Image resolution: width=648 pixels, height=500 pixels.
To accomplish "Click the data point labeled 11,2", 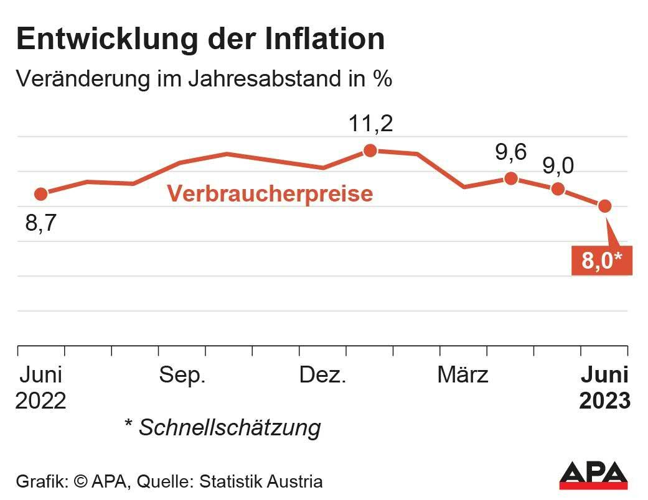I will point(370,150).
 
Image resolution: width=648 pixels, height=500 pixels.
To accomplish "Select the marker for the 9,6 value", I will point(511,178).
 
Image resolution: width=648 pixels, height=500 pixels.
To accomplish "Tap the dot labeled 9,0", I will point(558,188).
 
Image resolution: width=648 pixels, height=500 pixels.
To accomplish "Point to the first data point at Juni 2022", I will point(41,194).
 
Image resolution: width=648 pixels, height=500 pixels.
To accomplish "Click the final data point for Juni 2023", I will point(604,206).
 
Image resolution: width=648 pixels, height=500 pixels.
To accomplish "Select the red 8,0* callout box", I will point(601,261).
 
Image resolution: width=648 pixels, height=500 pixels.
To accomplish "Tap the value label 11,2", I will point(370,124).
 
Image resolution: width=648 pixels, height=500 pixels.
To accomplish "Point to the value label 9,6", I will point(511,152).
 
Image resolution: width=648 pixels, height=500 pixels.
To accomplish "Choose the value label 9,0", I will point(558,166).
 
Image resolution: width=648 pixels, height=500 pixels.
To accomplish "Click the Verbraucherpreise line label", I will point(270,193).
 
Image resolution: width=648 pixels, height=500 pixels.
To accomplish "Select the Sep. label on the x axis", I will point(182,375).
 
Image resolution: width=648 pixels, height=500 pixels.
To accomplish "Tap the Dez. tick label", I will point(322,375).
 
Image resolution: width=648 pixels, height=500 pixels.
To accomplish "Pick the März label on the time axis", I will point(463,375).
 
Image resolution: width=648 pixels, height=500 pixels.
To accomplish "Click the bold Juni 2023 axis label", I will point(604,387).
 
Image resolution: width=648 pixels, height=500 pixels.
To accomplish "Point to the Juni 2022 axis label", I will point(41,387).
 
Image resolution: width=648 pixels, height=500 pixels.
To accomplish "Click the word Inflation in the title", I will point(324,39).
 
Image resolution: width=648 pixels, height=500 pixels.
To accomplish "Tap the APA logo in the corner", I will point(593,476).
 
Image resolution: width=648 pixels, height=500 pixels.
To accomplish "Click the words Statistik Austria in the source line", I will point(270,481).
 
